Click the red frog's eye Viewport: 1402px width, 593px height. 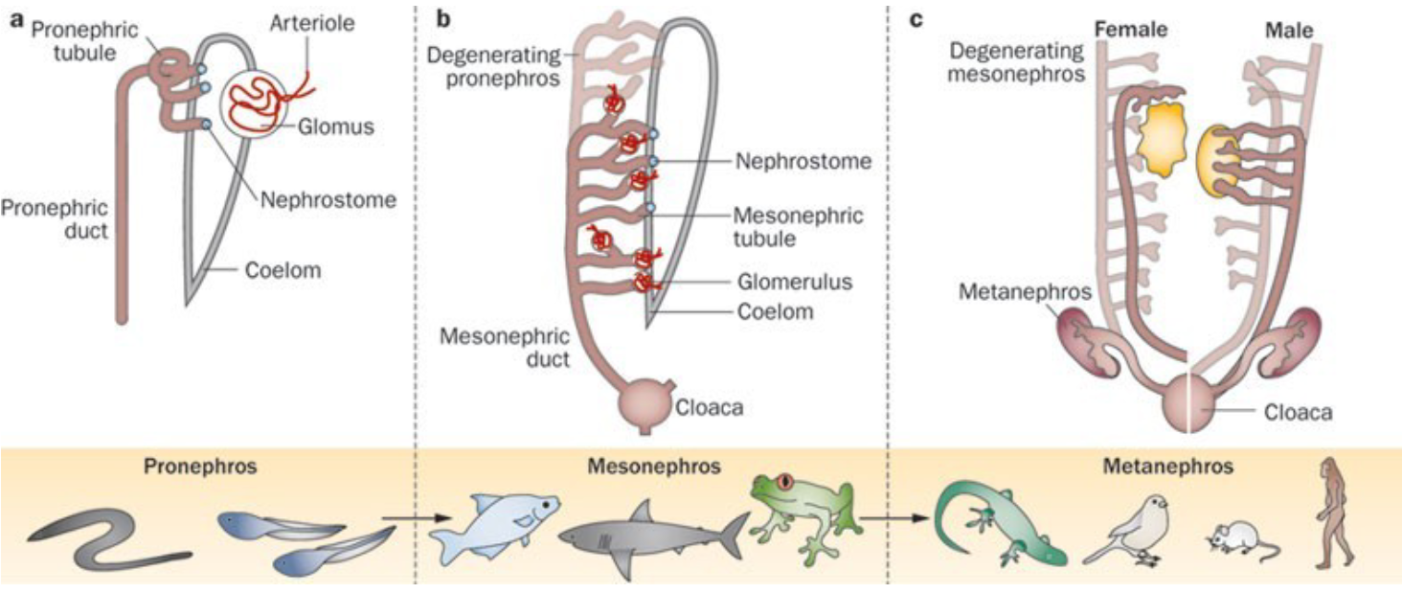[786, 482]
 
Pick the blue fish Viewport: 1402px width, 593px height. [494, 528]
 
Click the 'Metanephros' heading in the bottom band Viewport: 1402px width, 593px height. [1167, 467]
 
